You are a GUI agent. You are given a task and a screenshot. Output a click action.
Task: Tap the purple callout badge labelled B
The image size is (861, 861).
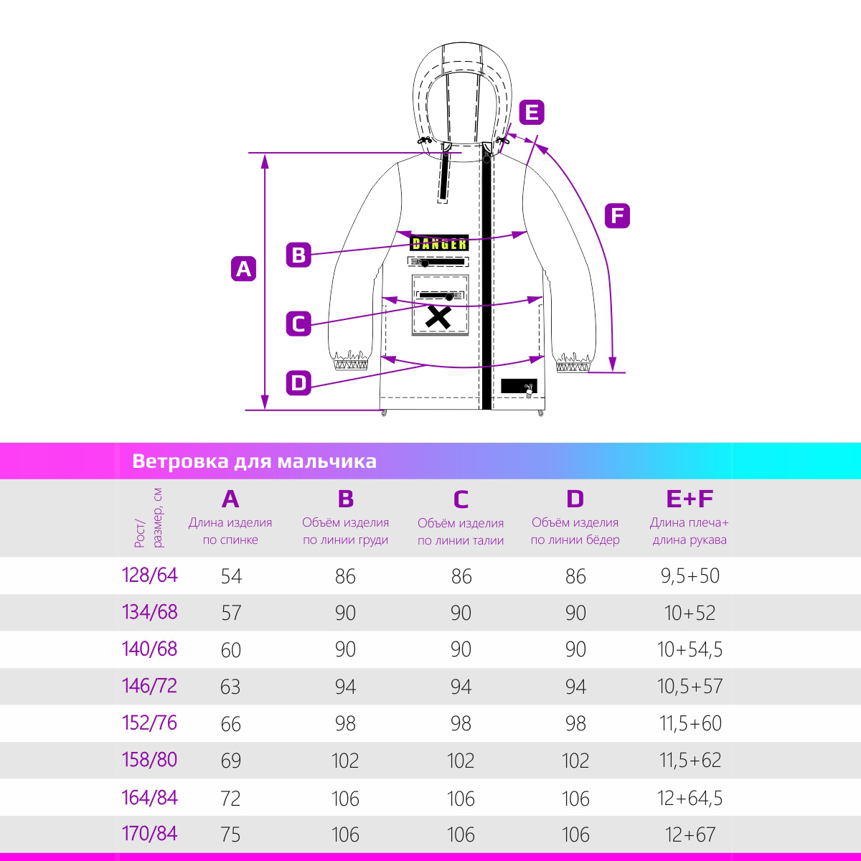pos(298,255)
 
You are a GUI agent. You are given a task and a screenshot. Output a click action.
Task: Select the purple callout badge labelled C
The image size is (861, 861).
pos(298,324)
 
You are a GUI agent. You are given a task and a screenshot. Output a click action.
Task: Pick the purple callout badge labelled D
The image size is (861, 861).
pos(298,382)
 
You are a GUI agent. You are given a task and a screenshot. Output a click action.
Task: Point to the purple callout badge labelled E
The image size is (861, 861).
pos(531,113)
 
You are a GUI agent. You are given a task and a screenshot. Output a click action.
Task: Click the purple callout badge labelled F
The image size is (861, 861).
pos(617,215)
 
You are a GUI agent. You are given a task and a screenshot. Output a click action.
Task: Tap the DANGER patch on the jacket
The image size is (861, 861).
pos(440,244)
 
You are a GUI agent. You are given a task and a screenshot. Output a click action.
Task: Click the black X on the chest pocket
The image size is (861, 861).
pos(438,316)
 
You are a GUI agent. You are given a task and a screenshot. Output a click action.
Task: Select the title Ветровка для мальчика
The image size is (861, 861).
pos(254,461)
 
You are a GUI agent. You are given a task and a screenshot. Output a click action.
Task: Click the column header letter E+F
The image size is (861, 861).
pos(690,499)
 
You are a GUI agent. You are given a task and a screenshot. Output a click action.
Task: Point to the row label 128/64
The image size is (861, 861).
pos(150,575)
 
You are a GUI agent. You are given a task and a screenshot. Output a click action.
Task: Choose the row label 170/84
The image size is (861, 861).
pos(150,834)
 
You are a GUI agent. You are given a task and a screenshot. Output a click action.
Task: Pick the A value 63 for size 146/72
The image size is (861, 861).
pos(230,687)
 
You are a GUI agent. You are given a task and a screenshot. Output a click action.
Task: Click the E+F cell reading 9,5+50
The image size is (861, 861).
pos(690,575)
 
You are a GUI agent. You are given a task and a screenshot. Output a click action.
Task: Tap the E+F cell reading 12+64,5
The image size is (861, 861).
pos(690,798)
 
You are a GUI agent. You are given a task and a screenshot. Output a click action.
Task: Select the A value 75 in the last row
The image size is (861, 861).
pos(230,834)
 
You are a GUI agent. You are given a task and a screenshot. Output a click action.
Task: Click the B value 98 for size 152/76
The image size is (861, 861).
pos(345,723)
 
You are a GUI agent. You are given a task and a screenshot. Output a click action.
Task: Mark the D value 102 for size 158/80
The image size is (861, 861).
pos(575,761)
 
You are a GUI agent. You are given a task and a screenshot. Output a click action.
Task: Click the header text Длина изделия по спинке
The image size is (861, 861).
pos(230,531)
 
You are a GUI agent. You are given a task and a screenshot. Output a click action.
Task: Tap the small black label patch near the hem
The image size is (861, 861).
pos(518,386)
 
